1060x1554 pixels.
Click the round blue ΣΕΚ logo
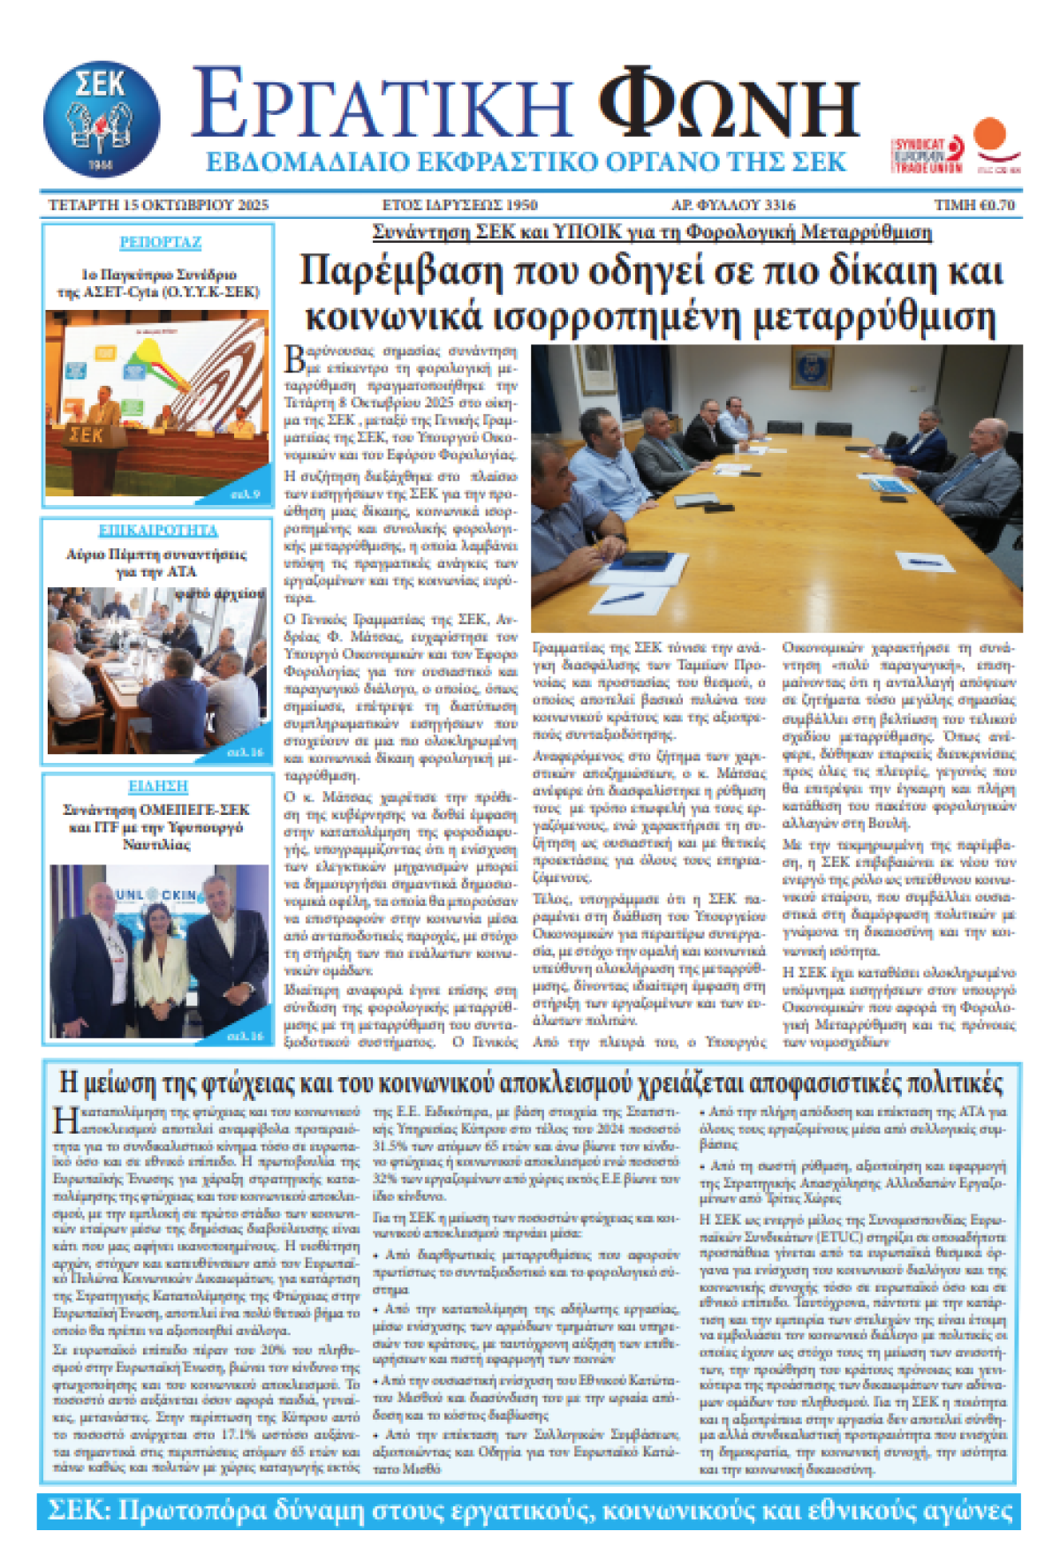[x=102, y=118]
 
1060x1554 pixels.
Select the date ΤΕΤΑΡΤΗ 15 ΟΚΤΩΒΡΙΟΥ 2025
[x=158, y=205]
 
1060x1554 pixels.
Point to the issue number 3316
[x=780, y=205]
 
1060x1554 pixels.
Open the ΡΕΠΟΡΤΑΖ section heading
[x=160, y=242]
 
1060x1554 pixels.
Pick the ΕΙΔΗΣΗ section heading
[x=158, y=786]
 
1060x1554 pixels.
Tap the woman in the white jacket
[x=160, y=958]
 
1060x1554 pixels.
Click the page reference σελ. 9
[x=246, y=494]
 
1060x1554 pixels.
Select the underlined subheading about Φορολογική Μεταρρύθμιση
[x=652, y=232]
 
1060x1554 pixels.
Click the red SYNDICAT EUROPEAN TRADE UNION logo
[x=927, y=155]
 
